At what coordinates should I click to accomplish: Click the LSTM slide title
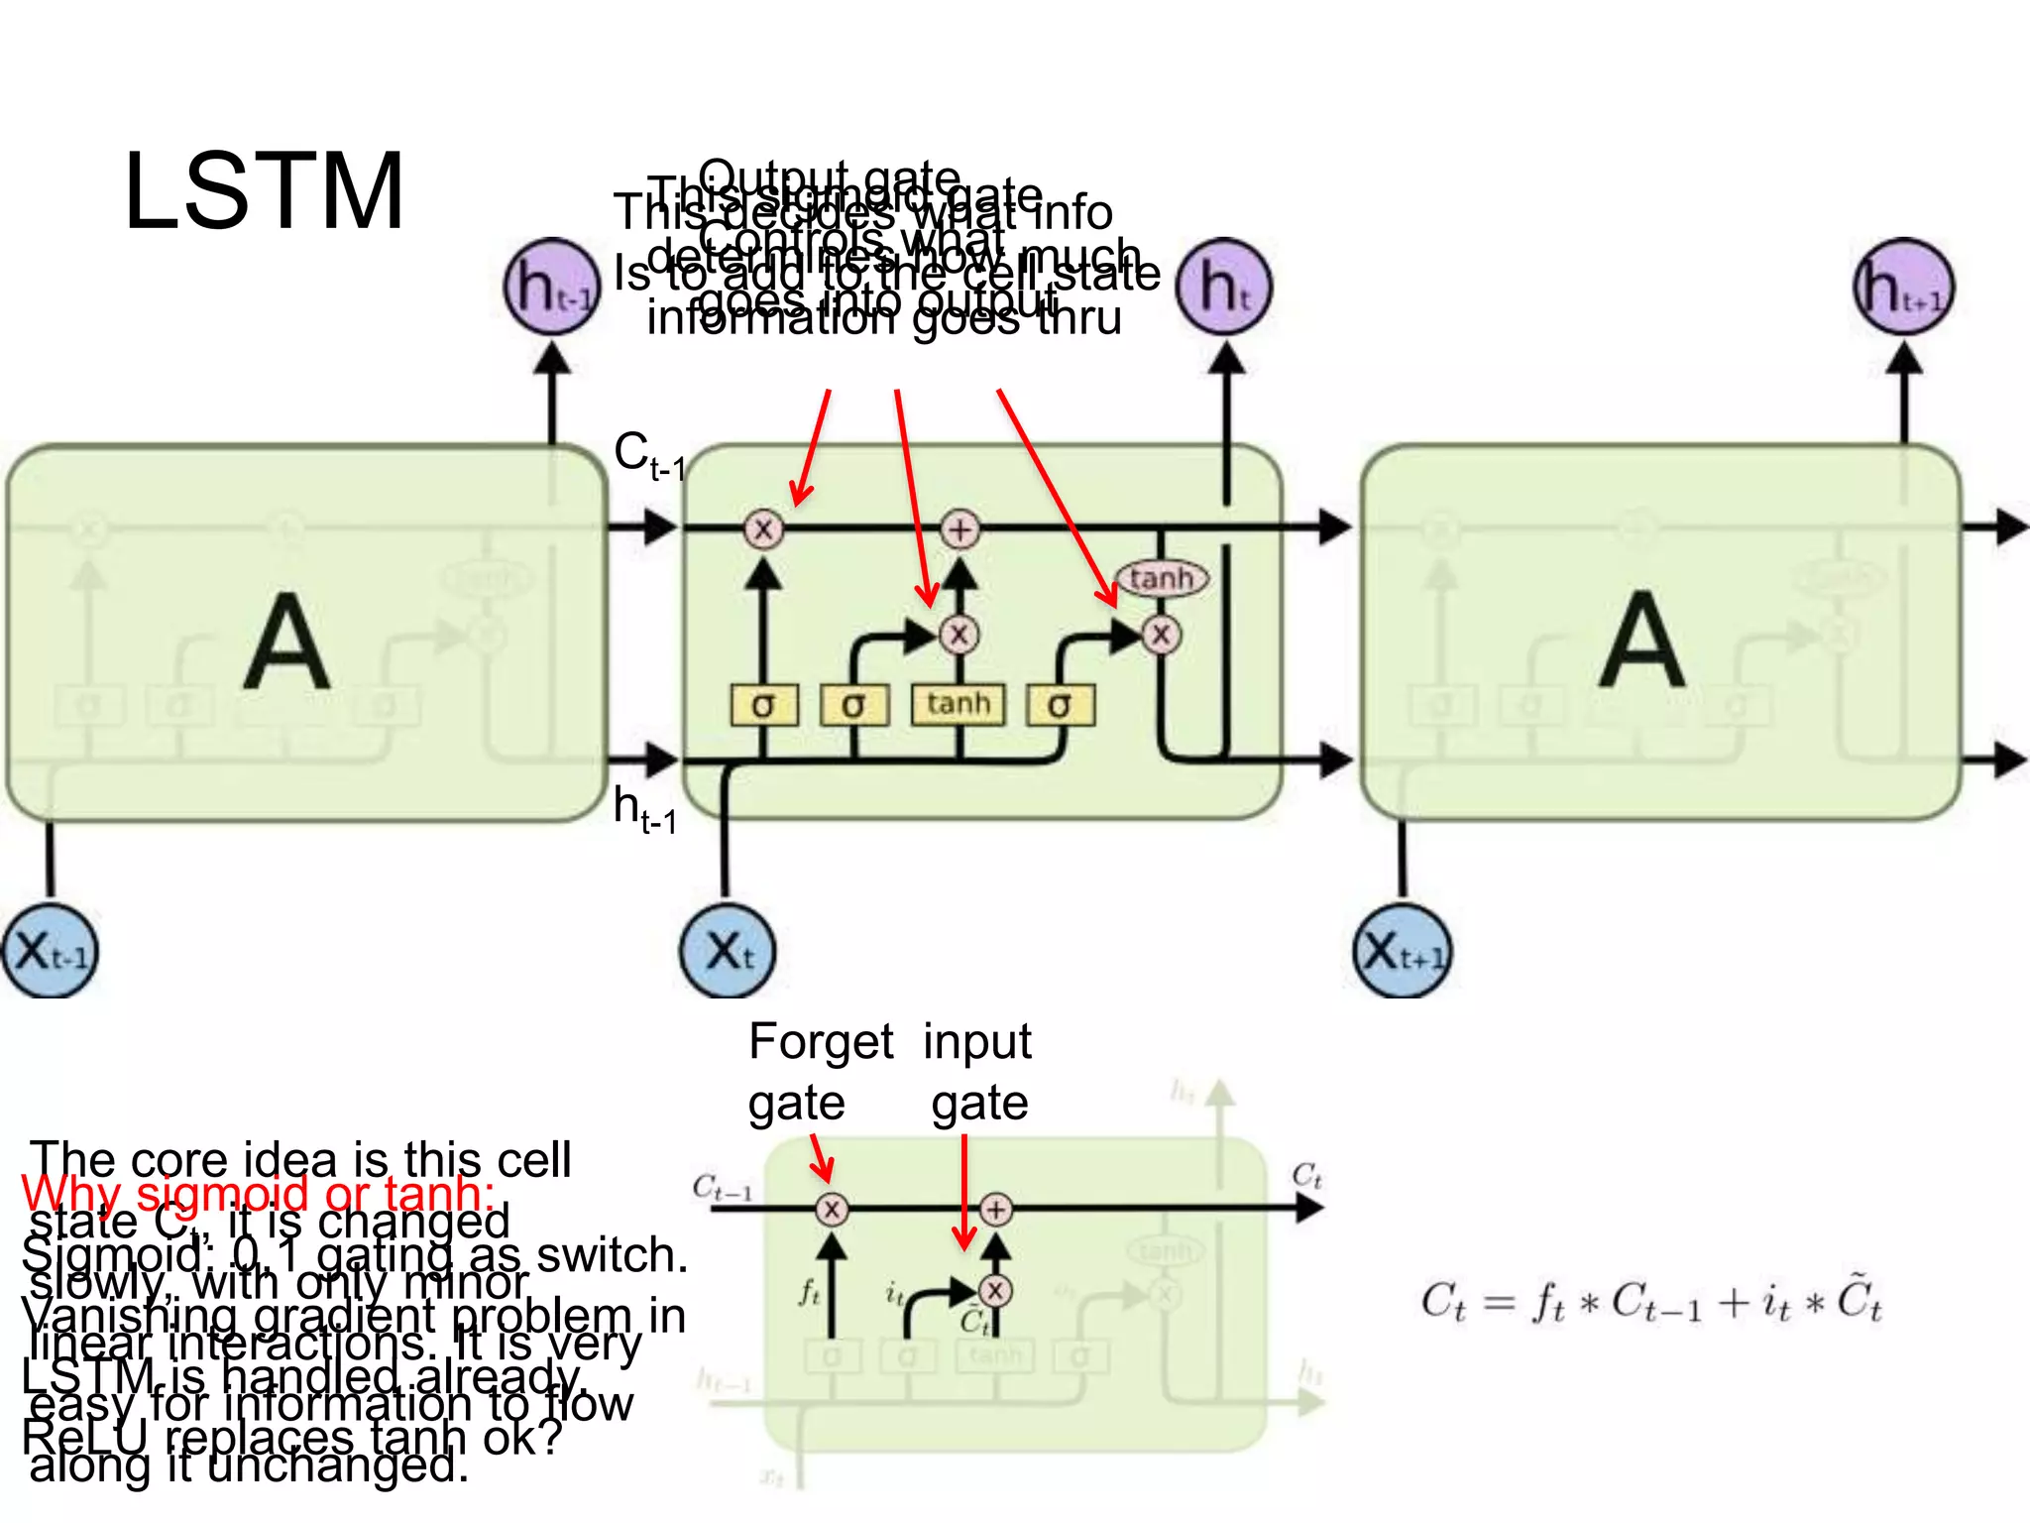(264, 192)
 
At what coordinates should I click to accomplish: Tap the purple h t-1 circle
(552, 287)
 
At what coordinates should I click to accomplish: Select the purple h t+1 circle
(1903, 287)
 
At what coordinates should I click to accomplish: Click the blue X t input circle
(729, 951)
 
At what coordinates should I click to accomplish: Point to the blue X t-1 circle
(50, 951)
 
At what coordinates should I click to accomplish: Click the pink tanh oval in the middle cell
(1162, 578)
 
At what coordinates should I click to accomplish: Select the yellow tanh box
(958, 705)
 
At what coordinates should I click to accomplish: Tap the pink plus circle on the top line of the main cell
(959, 528)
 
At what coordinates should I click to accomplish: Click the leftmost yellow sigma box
(763, 705)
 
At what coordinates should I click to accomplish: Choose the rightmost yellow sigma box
(1060, 705)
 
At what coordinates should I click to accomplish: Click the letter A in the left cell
(286, 642)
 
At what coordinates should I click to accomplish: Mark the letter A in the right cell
(1641, 642)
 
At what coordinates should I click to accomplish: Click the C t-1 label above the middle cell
(648, 455)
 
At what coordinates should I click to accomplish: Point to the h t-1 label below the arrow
(644, 809)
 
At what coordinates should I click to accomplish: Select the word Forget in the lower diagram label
(821, 1042)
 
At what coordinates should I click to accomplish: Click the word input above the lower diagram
(977, 1042)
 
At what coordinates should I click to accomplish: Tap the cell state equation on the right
(1650, 1302)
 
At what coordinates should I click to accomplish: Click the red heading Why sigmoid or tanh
(258, 1194)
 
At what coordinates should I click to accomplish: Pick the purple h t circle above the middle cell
(1224, 287)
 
